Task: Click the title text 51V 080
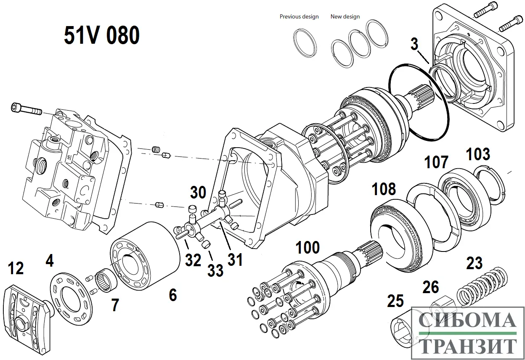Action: (102, 35)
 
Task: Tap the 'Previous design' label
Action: (299, 17)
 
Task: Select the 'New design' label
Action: (345, 17)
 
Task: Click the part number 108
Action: (384, 189)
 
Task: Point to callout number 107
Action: (436, 162)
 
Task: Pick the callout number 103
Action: (478, 154)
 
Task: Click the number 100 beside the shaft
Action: (308, 247)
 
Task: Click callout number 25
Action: (395, 301)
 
